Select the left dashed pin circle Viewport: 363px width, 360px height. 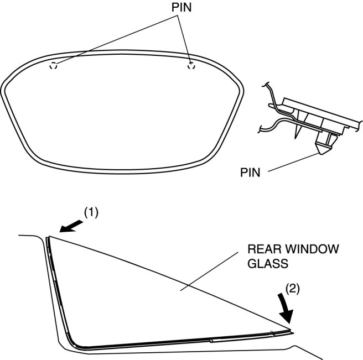[x=53, y=66]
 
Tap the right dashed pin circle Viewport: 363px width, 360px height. [x=191, y=66]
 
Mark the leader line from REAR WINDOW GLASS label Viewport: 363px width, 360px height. [x=216, y=271]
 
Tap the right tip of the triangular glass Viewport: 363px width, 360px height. [x=292, y=332]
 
